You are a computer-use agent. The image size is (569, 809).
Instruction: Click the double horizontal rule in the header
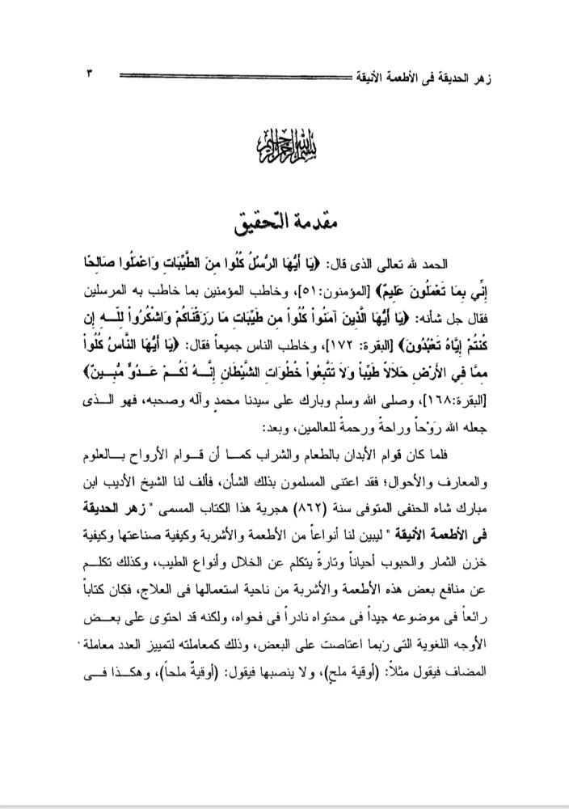coord(234,76)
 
